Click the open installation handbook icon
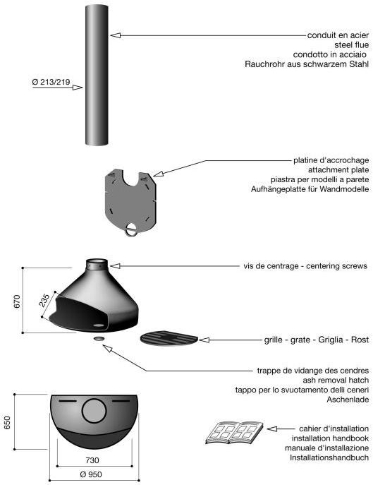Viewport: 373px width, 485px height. click(x=235, y=432)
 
